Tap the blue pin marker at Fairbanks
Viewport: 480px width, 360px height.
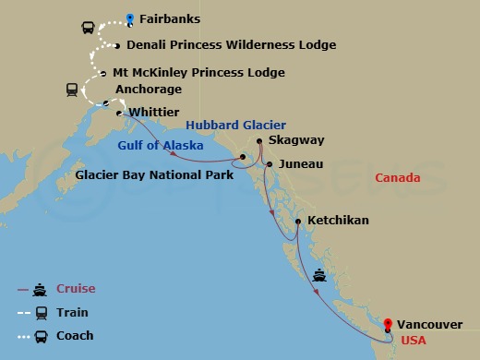click(x=130, y=17)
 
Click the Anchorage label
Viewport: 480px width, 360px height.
click(x=148, y=90)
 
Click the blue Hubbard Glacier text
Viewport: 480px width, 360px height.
click(x=235, y=125)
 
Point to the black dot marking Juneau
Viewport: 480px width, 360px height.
click(x=269, y=164)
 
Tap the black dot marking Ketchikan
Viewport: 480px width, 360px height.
click(x=297, y=222)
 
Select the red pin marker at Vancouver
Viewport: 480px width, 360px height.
click(x=388, y=324)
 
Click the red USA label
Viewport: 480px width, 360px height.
click(x=413, y=341)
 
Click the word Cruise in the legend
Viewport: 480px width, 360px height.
click(x=75, y=289)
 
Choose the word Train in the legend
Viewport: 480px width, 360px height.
click(x=72, y=312)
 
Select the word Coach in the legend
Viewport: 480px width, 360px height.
click(x=75, y=335)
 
